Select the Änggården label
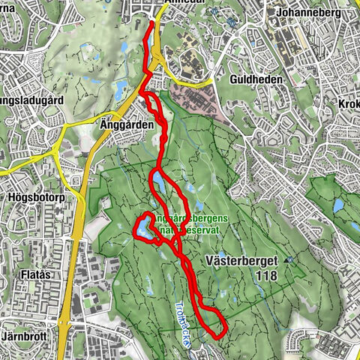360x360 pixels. pos(122,124)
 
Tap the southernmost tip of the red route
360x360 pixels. pos(217,336)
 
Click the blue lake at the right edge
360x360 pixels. pos(338,204)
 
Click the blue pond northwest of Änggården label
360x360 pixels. pos(121,91)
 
